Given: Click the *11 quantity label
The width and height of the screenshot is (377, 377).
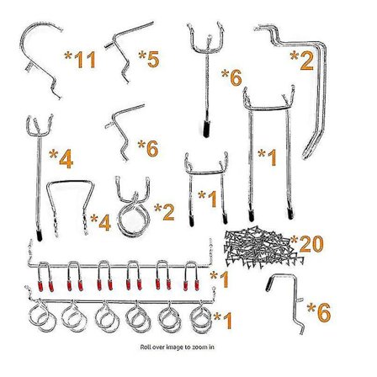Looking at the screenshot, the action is coord(80,60).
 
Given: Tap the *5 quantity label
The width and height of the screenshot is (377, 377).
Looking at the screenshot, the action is coord(149,59).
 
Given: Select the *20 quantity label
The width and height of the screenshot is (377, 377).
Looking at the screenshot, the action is coord(307,244).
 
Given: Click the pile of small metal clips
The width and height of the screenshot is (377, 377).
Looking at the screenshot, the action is coord(263,246).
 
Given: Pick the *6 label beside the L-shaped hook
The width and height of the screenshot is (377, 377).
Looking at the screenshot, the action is coord(319,312).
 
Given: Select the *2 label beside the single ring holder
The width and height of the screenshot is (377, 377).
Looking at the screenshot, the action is coord(164,212).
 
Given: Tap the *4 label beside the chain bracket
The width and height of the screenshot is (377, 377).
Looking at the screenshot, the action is coord(100,222).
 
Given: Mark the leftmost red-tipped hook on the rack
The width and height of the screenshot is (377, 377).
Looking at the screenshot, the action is coord(45,276).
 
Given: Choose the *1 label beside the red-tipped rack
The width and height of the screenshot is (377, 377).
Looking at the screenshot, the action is coord(220,280).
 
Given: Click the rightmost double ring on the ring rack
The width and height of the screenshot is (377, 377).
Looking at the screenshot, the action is coord(201,317).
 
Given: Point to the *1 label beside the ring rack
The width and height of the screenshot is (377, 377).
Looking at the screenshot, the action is coord(223,321).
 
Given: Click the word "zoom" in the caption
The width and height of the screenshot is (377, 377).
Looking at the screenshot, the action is coord(199,348).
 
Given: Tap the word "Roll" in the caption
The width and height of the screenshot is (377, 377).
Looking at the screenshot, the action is coord(146,348).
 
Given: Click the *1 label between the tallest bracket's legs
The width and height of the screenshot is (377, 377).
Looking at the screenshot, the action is coord(268,157).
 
